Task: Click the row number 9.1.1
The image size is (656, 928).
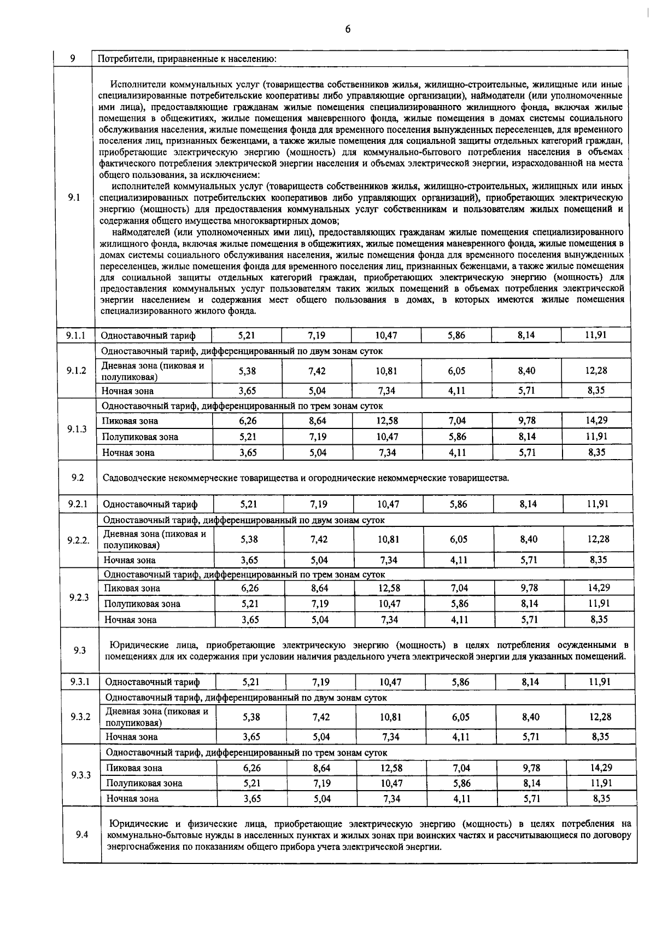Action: click(x=76, y=335)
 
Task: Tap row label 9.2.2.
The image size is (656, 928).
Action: click(x=78, y=540)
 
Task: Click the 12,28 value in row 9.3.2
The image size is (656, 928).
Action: click(x=601, y=717)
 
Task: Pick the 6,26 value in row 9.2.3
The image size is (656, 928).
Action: click(x=250, y=588)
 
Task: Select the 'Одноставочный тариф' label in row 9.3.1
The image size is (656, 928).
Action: click(x=153, y=682)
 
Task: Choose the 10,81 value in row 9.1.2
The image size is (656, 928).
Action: click(x=386, y=370)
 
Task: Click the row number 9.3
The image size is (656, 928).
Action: click(x=80, y=650)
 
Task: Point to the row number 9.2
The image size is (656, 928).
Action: click(x=77, y=478)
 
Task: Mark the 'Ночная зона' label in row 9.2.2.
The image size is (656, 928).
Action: click(x=130, y=560)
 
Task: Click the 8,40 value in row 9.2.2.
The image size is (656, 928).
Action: click(x=529, y=539)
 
